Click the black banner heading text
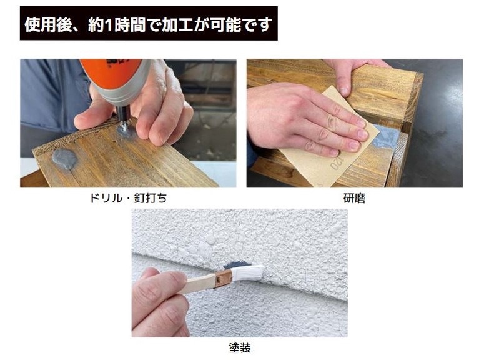tap(149, 24)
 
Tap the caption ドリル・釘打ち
tap(128, 198)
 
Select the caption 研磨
tap(354, 198)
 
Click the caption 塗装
tap(240, 347)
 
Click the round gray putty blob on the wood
tap(64, 159)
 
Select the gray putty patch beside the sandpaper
tap(385, 137)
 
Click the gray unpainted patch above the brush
tap(236, 264)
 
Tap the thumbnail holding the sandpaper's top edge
tap(344, 91)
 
